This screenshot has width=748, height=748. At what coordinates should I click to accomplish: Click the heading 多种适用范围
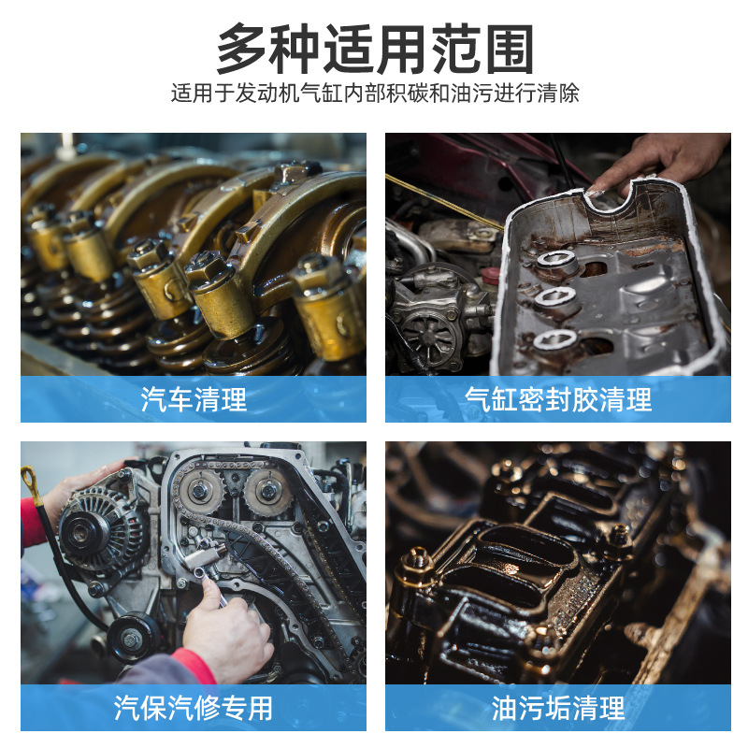pyautogui.click(x=375, y=49)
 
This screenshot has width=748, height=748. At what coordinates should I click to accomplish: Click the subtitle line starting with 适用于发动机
pyautogui.click(x=375, y=93)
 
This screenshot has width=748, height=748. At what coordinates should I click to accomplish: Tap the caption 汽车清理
pyautogui.click(x=194, y=399)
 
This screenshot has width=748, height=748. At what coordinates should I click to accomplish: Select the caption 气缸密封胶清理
pyautogui.click(x=558, y=399)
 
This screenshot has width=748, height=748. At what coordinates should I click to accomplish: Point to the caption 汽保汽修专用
pyautogui.click(x=194, y=708)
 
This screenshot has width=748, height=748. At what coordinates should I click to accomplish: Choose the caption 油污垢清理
pyautogui.click(x=558, y=708)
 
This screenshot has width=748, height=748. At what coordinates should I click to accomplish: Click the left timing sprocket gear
pyautogui.click(x=199, y=490)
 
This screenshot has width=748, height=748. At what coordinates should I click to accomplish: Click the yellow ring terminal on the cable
pyautogui.click(x=31, y=482)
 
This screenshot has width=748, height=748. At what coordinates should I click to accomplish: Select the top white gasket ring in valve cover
pyautogui.click(x=556, y=259)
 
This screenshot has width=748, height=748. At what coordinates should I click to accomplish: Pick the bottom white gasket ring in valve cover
pyautogui.click(x=554, y=338)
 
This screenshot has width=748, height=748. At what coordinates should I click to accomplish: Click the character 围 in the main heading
pyautogui.click(x=509, y=49)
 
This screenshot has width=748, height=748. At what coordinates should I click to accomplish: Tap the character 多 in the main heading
pyautogui.click(x=242, y=49)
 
